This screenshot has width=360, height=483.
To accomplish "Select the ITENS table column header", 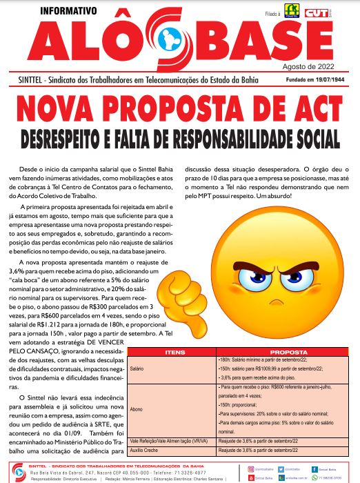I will tap(172, 352).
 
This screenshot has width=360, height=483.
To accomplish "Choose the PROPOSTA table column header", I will tap(288, 352).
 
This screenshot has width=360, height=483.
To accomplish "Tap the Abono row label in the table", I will tap(135, 408).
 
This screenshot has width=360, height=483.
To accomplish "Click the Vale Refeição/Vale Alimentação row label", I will tap(170, 440).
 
